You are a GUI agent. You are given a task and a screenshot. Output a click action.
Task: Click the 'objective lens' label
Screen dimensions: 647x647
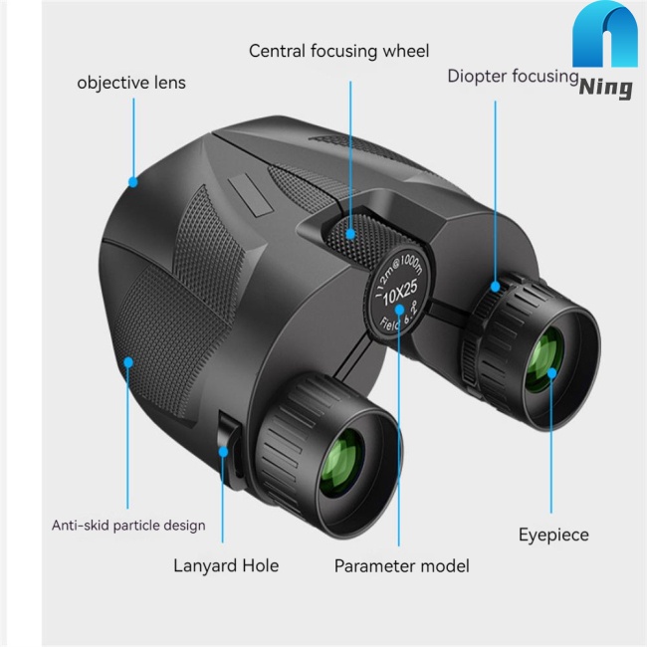[x=131, y=83]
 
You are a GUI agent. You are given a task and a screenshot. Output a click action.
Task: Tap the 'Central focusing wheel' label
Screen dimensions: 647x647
[x=339, y=51]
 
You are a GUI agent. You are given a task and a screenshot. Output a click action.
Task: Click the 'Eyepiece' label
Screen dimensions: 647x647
[x=553, y=536]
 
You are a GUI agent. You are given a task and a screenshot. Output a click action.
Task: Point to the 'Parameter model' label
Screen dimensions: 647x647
[x=401, y=566]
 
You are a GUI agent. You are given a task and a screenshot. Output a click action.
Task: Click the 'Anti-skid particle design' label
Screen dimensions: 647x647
[x=128, y=525]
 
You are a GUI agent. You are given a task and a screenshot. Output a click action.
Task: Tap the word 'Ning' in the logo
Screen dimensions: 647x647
[x=605, y=88]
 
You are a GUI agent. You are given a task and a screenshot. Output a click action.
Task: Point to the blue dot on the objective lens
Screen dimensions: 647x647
[x=132, y=182]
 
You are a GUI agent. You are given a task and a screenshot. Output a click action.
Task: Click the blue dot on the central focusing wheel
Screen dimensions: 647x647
[x=350, y=235]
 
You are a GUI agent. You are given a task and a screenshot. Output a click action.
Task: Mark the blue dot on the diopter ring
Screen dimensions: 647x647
[x=495, y=288]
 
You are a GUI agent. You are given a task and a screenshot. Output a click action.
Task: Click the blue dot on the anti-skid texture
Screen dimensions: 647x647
[x=128, y=362]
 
